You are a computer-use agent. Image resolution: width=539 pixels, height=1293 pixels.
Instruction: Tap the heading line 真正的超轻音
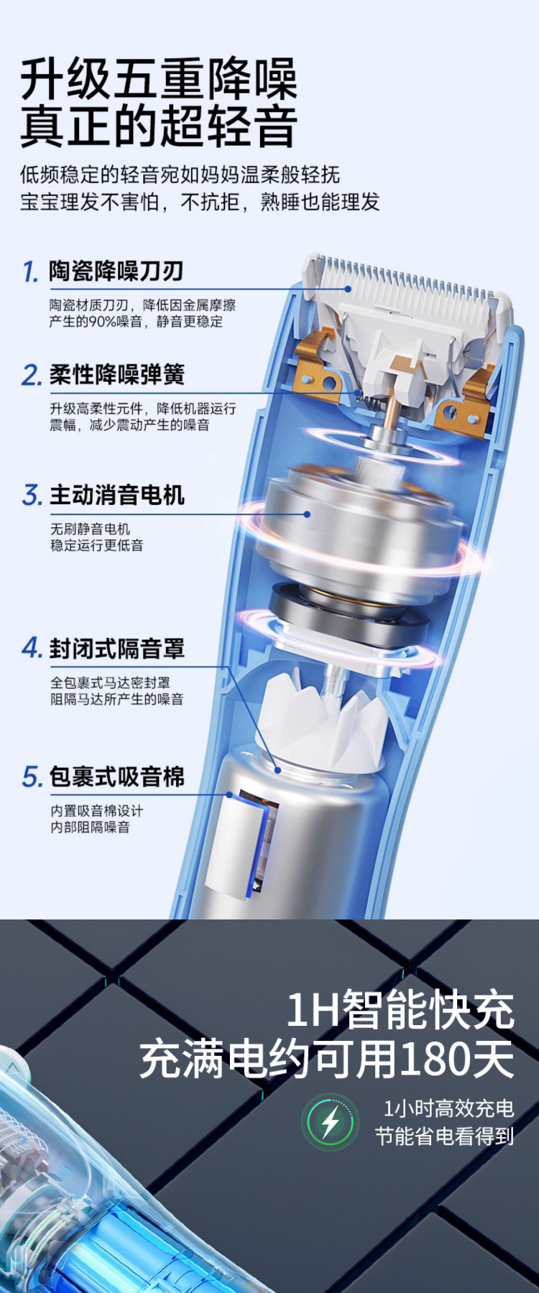(159, 126)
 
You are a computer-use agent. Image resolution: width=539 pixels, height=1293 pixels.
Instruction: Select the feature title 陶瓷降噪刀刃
(116, 271)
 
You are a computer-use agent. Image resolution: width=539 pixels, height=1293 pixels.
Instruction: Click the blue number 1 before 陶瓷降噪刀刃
(30, 272)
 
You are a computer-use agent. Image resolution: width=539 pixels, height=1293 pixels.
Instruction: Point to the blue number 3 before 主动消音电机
(32, 495)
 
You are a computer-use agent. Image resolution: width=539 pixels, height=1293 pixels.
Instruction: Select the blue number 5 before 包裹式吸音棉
(32, 777)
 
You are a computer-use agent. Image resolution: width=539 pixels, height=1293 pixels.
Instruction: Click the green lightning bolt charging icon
(331, 1121)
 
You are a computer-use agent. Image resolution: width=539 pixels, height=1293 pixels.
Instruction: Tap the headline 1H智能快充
(400, 1009)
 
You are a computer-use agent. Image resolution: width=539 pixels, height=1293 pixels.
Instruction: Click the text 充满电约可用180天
(327, 1059)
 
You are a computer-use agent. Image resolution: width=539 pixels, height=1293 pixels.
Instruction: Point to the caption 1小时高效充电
(448, 1108)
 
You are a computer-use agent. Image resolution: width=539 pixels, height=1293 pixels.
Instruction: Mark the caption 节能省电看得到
(445, 1136)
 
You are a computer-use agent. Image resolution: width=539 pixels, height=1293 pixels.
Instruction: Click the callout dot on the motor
(307, 514)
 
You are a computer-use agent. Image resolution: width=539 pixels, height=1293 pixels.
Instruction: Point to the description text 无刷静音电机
(90, 529)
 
